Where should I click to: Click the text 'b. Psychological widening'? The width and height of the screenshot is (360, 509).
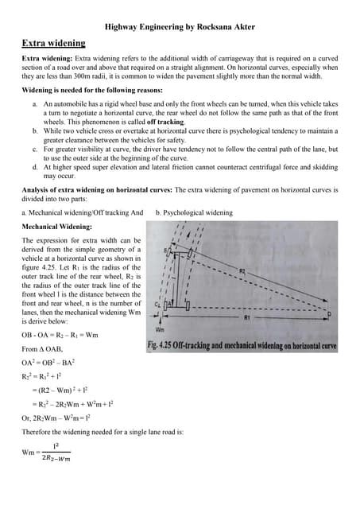coord(195,212)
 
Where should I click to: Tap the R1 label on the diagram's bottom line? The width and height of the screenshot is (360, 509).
coord(270,317)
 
